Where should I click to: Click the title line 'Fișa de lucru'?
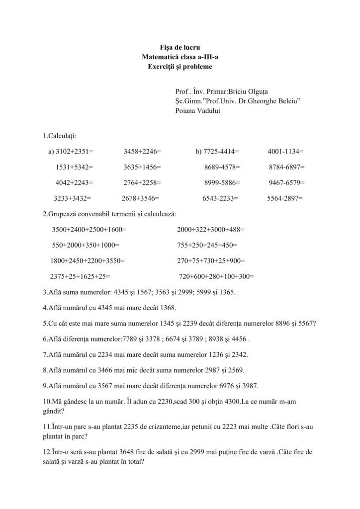coord(180,48)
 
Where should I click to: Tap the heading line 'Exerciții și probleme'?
coord(180,66)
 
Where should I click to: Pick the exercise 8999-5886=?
coord(222,182)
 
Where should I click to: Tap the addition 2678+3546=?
coord(140,198)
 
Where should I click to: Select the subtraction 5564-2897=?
coord(284,198)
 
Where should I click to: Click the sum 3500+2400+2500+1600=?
coord(89,230)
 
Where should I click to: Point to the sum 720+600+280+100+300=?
coord(216,276)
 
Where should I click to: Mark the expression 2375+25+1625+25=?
coord(80,276)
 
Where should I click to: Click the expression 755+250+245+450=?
coord(207,245)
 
